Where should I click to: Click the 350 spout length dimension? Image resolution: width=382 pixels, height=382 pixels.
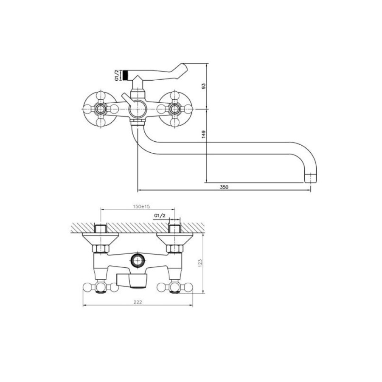224,187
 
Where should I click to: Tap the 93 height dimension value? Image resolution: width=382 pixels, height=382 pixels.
204,86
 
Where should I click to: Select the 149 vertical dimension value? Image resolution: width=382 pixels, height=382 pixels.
204,135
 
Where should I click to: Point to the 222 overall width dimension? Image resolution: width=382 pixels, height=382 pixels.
138,302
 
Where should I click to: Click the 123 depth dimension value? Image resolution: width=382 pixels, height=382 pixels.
200,263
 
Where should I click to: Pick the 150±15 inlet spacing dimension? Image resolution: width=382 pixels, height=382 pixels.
141,207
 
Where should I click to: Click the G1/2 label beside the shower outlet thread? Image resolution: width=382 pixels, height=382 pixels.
117,75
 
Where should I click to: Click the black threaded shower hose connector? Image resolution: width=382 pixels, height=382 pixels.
126,75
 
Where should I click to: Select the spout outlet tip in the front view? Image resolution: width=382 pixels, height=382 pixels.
311,178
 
